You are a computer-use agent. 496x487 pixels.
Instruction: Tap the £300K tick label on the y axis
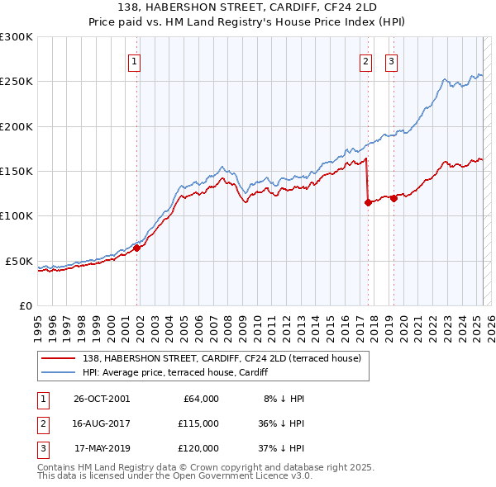pyautogui.click(x=17, y=37)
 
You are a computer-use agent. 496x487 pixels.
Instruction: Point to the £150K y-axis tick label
pyautogui.click(x=17, y=171)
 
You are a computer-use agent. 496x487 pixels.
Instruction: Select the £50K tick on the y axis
pyautogui.click(x=20, y=261)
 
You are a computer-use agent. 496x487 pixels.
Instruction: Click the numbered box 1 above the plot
pyautogui.click(x=134, y=60)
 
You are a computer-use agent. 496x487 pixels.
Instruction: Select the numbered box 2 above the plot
pyautogui.click(x=365, y=60)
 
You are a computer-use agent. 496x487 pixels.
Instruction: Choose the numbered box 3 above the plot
pyautogui.click(x=391, y=60)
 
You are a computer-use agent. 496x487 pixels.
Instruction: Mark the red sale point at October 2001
pyautogui.click(x=137, y=248)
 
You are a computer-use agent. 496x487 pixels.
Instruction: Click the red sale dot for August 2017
pyautogui.click(x=368, y=202)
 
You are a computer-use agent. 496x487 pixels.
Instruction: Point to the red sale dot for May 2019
pyautogui.click(x=393, y=197)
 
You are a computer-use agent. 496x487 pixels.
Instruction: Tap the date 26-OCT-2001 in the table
pyautogui.click(x=102, y=399)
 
